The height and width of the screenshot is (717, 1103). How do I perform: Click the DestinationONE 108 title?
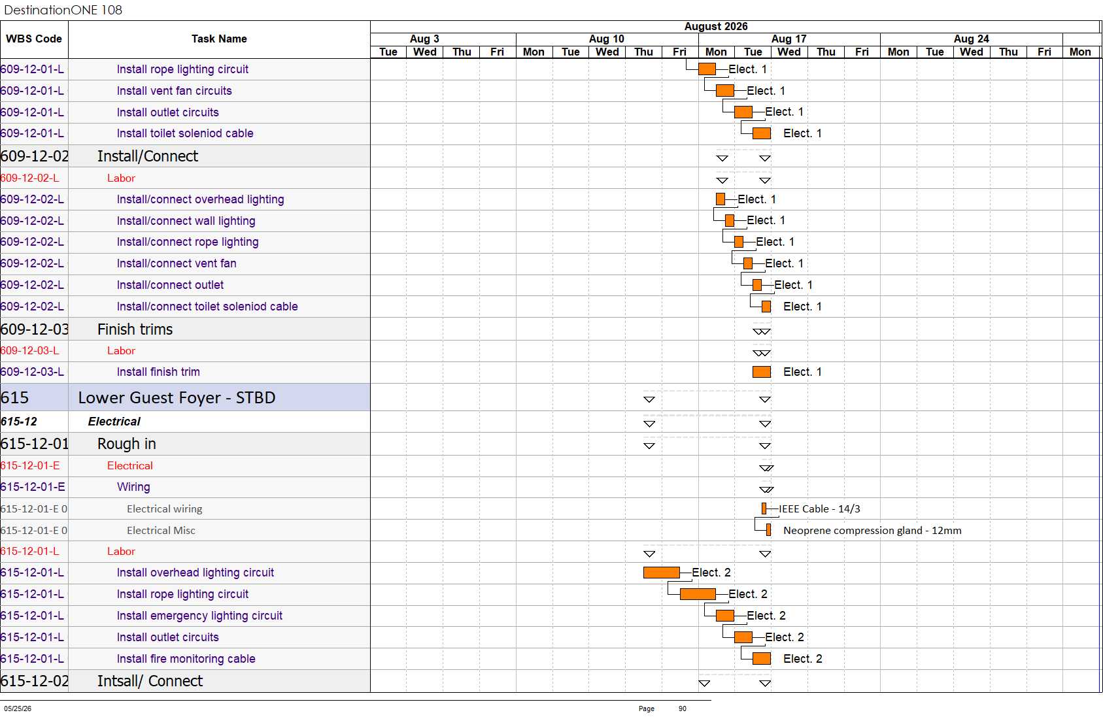(63, 10)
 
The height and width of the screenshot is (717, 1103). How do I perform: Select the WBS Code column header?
(34, 39)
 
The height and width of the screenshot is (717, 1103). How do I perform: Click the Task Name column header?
(219, 39)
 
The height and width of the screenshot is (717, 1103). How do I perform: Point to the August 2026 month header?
(715, 27)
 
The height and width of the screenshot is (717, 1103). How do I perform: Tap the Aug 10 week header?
(606, 39)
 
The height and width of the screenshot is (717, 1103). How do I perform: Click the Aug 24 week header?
(971, 39)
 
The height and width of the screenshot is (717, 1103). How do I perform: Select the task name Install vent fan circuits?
(175, 91)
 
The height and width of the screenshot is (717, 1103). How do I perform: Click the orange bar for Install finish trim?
(761, 372)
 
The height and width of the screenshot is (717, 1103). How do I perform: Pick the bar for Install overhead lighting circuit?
(661, 573)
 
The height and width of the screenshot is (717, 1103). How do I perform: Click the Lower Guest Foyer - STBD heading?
(177, 397)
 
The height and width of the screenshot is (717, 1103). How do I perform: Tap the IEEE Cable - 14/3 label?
(819, 509)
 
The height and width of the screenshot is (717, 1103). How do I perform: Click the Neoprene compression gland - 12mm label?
(872, 531)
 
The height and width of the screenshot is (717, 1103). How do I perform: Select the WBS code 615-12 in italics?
(19, 422)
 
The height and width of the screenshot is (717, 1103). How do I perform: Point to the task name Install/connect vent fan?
(177, 263)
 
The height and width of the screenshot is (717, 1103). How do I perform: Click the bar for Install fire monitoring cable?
(761, 658)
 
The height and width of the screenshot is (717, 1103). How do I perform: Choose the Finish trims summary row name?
(135, 329)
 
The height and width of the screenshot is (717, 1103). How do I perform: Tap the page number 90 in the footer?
(682, 709)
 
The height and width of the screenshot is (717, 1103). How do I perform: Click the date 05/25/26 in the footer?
(18, 709)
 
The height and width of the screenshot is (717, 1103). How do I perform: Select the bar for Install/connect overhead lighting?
(720, 199)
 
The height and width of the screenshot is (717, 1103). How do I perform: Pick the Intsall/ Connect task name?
(150, 681)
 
